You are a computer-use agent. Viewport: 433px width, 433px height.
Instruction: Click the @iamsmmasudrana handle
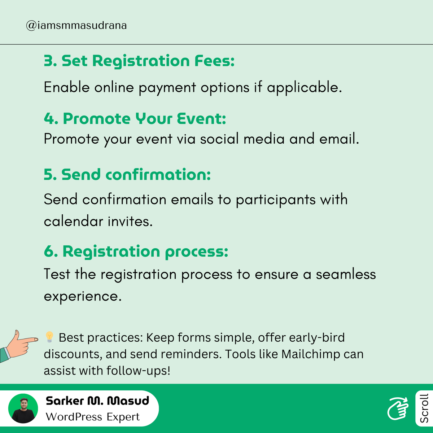tap(76, 26)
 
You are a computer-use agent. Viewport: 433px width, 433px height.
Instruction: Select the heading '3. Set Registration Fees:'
tap(139, 61)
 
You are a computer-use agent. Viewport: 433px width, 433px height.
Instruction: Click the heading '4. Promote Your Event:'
tap(135, 118)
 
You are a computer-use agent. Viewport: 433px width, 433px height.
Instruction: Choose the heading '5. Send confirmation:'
tap(127, 175)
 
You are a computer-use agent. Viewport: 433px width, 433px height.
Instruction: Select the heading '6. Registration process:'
tap(136, 252)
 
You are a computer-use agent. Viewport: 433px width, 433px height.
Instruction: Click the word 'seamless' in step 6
tap(346, 274)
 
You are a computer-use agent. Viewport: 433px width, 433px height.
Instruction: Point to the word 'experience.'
tap(83, 296)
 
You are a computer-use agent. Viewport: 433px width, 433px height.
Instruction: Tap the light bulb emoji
tap(49, 337)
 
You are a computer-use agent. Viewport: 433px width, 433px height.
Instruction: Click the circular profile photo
tap(23, 408)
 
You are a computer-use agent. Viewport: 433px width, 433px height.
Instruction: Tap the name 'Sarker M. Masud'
tap(97, 401)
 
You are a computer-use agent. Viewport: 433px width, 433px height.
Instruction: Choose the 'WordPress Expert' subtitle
tap(93, 417)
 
